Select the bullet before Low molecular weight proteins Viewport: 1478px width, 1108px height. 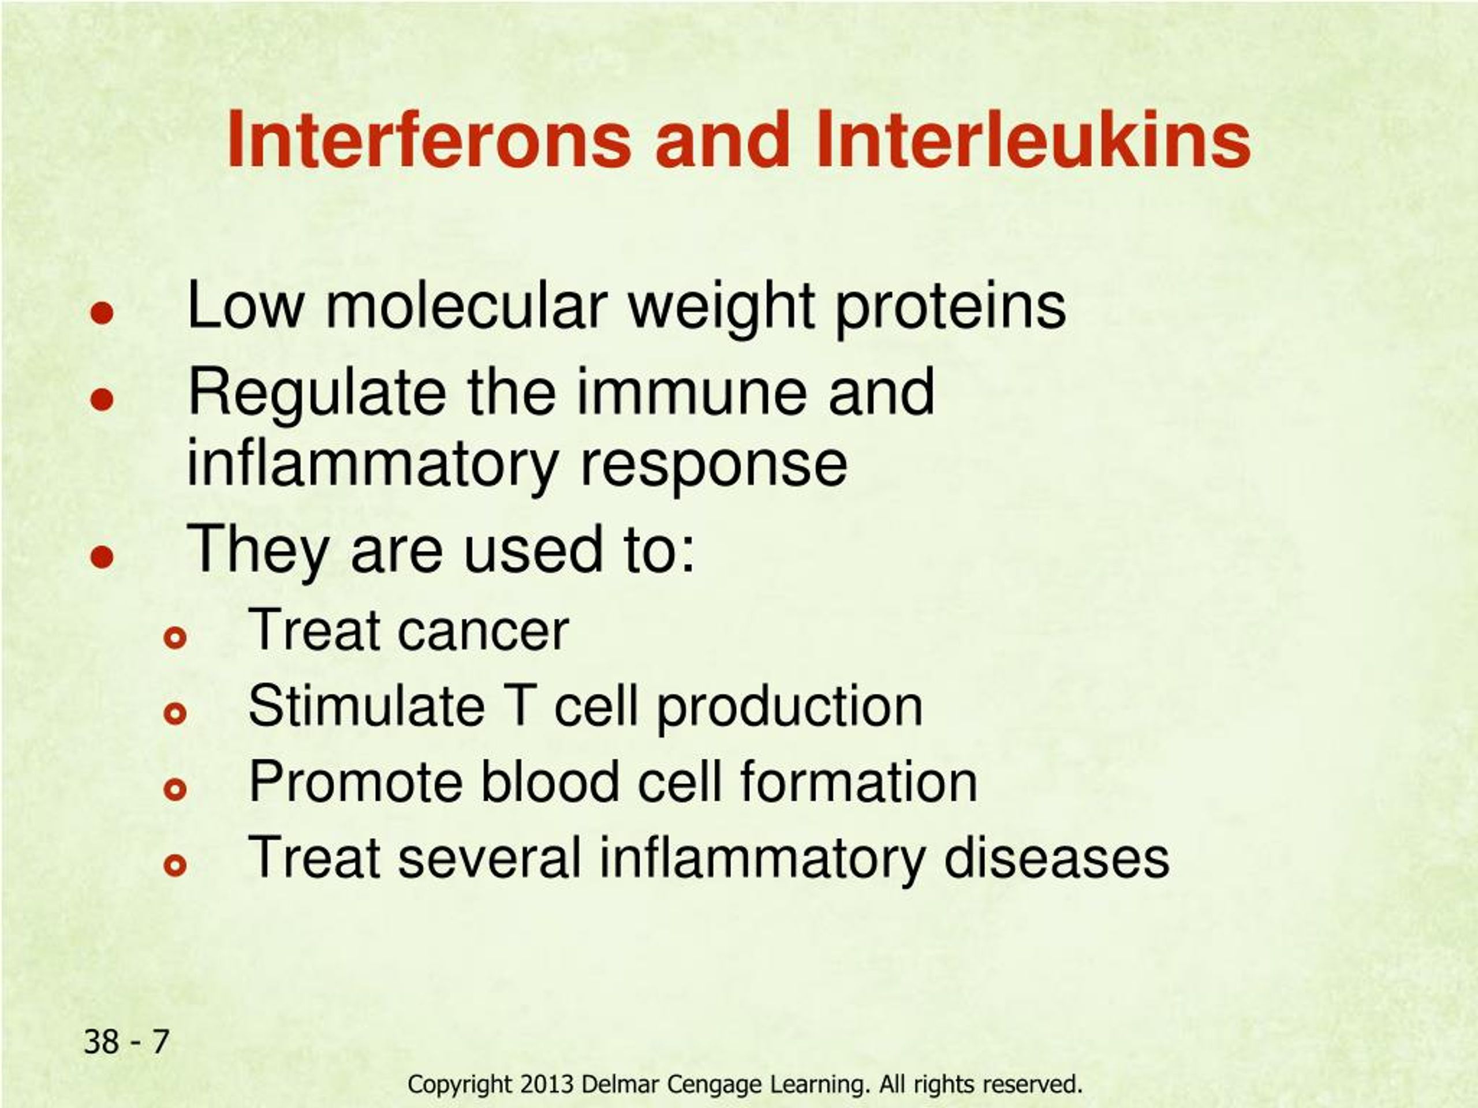tap(102, 313)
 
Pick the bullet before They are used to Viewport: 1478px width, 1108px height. tap(102, 556)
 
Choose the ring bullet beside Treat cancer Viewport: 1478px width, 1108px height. tap(175, 639)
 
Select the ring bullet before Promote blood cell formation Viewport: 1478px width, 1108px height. tap(175, 790)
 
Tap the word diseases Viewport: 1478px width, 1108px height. tap(1056, 858)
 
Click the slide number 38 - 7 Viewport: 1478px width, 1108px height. tap(126, 1042)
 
